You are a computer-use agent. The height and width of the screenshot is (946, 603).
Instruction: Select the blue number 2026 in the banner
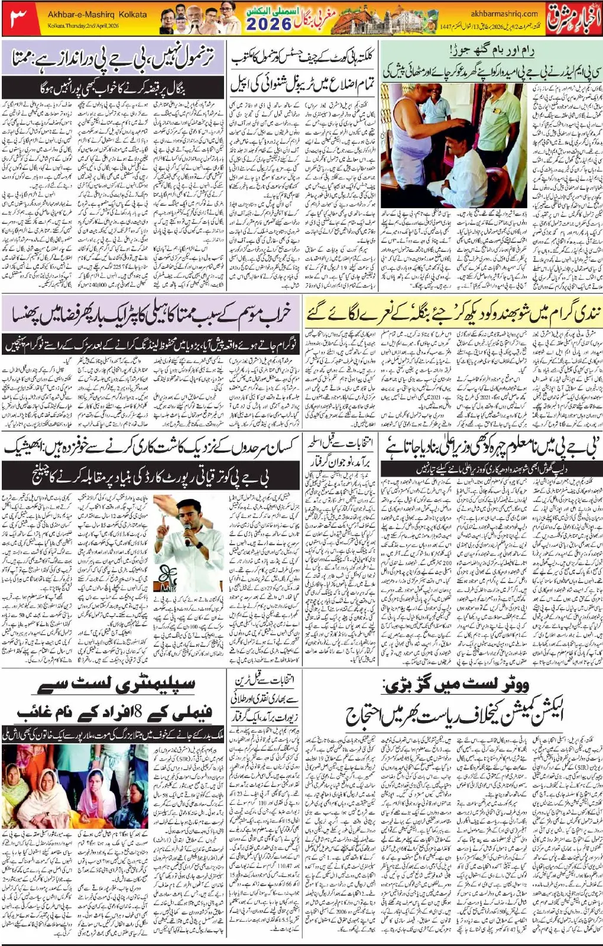(268, 24)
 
